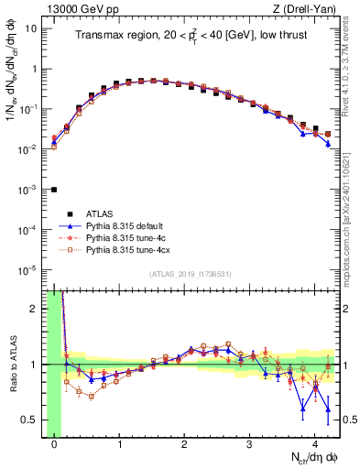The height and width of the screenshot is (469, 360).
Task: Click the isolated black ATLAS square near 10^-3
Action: (x=54, y=190)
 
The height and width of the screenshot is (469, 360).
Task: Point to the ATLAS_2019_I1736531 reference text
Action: (x=191, y=274)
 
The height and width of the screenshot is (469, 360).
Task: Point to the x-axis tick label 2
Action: (x=184, y=446)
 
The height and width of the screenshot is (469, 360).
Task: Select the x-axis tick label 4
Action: (x=314, y=446)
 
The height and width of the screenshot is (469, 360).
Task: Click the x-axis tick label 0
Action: (x=54, y=446)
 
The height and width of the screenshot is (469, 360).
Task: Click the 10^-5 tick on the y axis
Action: (x=29, y=270)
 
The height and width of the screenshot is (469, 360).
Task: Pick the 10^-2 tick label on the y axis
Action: (x=29, y=149)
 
